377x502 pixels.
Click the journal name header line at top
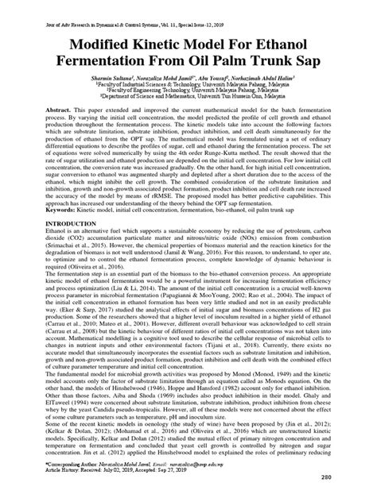point(188,7)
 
